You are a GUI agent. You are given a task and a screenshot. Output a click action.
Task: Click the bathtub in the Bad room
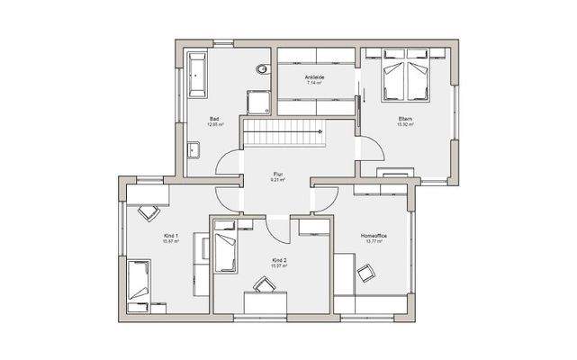point(196,75)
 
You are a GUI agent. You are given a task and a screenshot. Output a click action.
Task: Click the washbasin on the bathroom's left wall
point(194,150)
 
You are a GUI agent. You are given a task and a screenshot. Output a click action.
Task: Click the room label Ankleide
point(315,77)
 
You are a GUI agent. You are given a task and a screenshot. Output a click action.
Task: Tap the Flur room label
point(278,175)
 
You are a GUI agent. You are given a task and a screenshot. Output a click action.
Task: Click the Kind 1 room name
point(171,236)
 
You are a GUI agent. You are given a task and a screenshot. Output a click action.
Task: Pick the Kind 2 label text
point(278,259)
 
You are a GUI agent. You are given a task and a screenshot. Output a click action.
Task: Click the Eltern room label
point(406,119)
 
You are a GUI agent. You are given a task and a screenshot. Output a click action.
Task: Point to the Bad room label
point(215,119)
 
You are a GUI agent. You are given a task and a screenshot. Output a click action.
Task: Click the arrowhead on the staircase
point(320,131)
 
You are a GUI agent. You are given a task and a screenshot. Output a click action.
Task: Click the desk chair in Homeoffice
point(365,274)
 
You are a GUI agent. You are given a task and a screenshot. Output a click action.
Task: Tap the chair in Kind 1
point(147,213)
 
